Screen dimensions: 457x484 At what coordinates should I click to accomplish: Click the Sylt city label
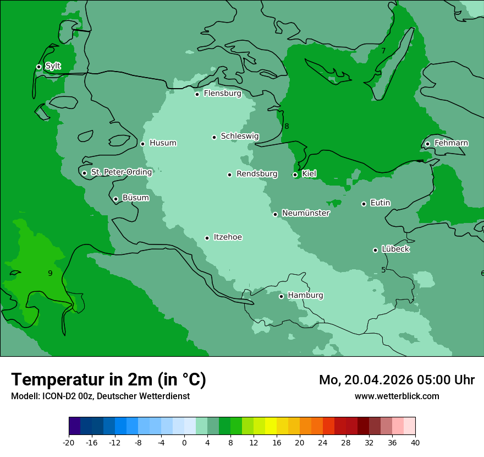53,66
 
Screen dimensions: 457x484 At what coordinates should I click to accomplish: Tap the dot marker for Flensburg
197,94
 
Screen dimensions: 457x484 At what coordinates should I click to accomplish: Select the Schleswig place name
239,136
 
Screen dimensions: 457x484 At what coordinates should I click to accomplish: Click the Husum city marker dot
142,144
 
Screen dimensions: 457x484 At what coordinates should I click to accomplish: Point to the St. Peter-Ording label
121,172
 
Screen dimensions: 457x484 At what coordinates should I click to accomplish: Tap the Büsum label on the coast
135,198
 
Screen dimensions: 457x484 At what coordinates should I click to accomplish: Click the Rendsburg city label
257,174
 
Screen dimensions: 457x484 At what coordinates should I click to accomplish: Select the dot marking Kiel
295,175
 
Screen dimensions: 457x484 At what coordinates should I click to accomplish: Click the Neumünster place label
306,213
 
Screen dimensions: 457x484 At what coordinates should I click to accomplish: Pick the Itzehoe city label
228,237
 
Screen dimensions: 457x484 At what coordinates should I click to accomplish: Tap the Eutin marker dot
364,204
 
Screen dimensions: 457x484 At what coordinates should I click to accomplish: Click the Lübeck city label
395,249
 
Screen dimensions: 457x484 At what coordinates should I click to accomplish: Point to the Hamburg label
305,295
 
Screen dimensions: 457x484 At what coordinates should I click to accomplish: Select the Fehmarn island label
451,143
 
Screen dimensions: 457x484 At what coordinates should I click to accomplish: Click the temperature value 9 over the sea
50,273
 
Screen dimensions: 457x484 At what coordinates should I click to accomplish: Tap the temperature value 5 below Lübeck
383,270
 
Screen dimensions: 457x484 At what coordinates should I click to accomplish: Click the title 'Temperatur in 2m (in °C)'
108,379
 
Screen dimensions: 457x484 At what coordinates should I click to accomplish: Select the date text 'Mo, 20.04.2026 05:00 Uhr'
397,380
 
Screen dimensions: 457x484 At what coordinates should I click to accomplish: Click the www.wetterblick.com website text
397,396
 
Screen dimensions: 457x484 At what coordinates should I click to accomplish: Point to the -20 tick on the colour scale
69,442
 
